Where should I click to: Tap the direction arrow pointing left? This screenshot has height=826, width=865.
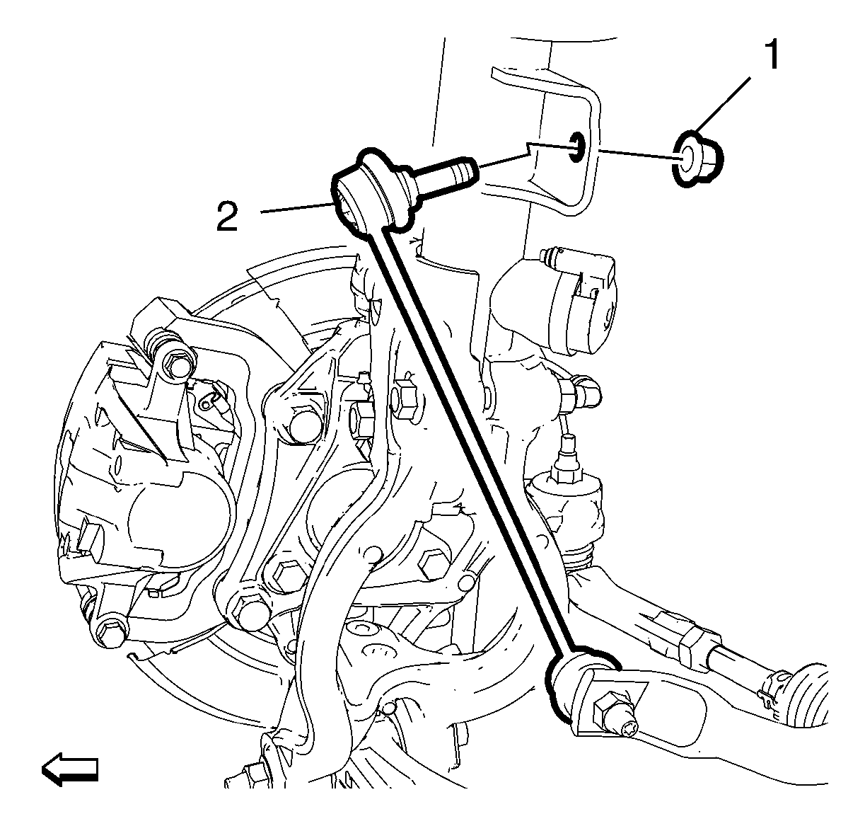click(x=70, y=769)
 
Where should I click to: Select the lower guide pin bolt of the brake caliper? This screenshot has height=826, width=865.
click(x=110, y=634)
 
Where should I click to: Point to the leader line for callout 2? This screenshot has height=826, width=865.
click(x=296, y=208)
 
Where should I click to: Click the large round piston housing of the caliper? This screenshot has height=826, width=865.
click(x=180, y=517)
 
